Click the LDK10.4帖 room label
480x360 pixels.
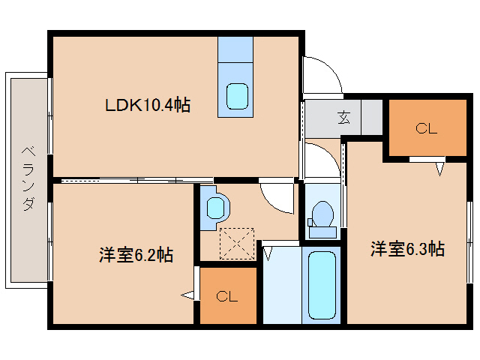tap(147, 106)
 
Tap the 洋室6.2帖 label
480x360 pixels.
tap(136, 255)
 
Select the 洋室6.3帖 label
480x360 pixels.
tap(407, 249)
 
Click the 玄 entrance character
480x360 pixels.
tap(343, 117)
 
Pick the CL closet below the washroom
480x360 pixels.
tap(226, 296)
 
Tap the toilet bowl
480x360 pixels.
tap(322, 213)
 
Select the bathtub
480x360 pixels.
tap(321, 286)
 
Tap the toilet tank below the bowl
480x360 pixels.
tap(322, 232)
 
